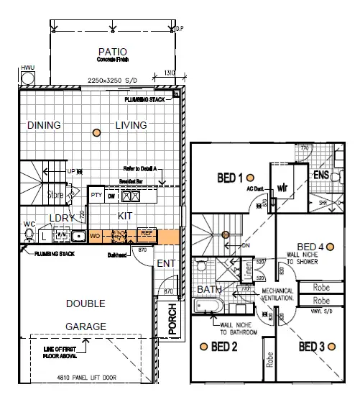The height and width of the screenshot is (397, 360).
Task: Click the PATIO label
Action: coord(114,52)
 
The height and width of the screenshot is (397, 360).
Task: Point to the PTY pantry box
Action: coord(96,195)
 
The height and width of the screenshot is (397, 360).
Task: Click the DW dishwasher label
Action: coord(111,195)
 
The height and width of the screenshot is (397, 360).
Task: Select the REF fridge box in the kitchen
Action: coord(146,233)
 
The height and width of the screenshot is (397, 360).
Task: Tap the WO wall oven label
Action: coord(94,234)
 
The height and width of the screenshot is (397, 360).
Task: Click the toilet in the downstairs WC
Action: coord(29,234)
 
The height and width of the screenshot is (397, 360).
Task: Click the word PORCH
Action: coord(172,319)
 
